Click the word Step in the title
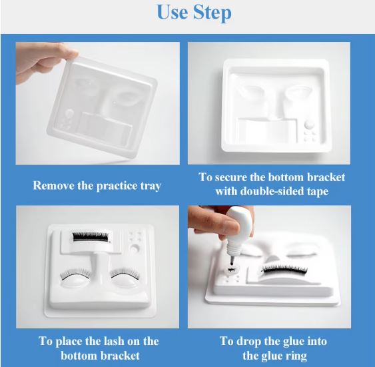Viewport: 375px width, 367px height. tap(212, 13)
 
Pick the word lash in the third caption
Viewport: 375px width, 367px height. tap(114, 341)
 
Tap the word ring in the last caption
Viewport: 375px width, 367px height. tap(297, 356)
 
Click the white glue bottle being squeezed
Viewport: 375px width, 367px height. tap(238, 230)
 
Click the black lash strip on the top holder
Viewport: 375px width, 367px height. tap(91, 236)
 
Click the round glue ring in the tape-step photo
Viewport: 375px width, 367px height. tap(309, 125)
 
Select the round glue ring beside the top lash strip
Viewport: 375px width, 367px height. tap(135, 248)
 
